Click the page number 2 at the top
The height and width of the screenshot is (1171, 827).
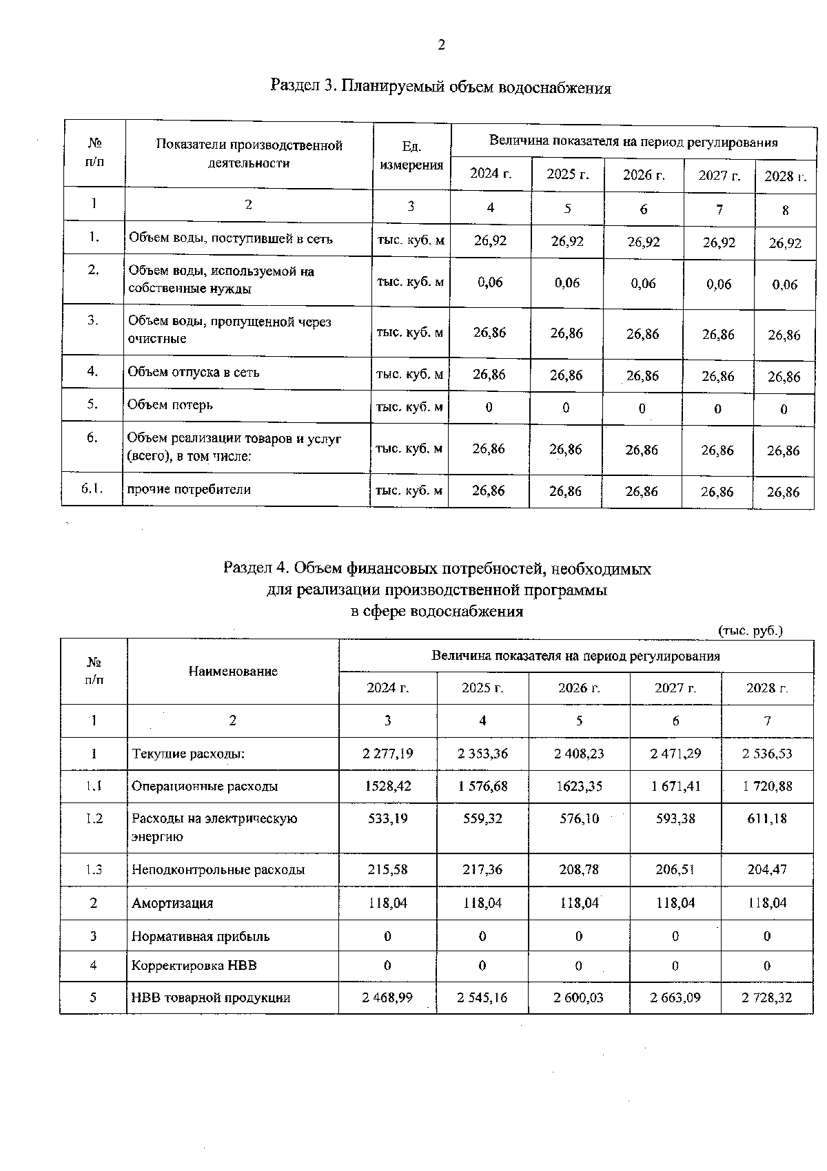click(441, 45)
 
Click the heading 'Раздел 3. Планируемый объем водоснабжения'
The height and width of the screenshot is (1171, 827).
click(440, 87)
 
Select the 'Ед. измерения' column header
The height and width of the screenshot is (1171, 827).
click(411, 156)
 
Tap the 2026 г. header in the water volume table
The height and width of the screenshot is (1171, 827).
click(644, 175)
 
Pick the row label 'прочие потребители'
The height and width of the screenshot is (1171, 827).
click(189, 490)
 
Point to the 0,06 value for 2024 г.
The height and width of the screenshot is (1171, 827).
click(490, 282)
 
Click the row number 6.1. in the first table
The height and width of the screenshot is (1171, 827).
click(92, 489)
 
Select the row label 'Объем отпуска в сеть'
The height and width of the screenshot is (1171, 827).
click(194, 373)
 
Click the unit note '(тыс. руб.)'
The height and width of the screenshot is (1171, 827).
click(751, 630)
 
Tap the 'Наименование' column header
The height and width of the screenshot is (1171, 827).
click(233, 671)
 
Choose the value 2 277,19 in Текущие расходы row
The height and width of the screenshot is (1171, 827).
click(387, 754)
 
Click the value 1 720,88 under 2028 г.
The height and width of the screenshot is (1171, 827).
click(767, 786)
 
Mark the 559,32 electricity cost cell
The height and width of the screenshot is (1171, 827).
click(482, 819)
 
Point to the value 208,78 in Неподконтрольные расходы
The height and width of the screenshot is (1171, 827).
click(579, 870)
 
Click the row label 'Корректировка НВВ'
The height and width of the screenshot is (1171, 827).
click(194, 966)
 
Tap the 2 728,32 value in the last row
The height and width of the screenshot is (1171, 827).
click(767, 998)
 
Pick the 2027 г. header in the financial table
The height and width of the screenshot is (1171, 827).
click(675, 688)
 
